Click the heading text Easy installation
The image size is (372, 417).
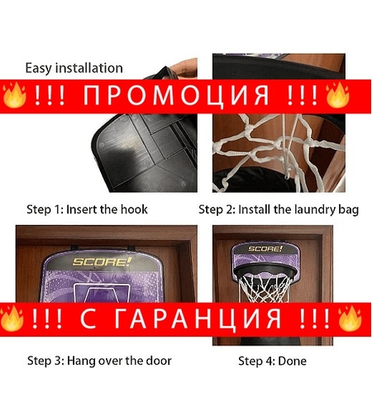[x=74, y=68]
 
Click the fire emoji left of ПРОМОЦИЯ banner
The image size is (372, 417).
[x=12, y=97]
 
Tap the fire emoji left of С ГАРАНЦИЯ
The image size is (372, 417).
[x=12, y=318]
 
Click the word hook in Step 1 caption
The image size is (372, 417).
[x=133, y=209]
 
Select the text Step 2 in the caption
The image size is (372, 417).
[x=217, y=209]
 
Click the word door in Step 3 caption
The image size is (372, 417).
[x=157, y=361]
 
